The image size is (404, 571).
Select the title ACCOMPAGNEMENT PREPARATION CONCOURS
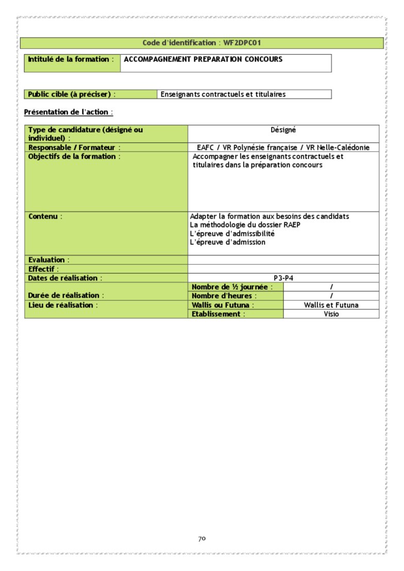203,59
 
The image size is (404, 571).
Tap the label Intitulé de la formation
69,59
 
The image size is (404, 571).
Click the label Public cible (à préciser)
70,94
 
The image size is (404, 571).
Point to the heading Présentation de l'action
68,112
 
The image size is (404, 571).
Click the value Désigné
283,130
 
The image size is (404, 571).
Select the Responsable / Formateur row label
74,148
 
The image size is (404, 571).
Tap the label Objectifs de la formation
74,156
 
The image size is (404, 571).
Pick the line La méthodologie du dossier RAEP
245,225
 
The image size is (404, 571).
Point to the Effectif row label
43,269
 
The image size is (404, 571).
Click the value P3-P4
283,278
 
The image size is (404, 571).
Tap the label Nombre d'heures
224,296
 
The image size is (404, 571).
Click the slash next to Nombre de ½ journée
331,287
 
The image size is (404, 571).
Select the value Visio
331,314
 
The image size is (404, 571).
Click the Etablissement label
218,314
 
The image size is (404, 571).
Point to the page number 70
202,539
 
